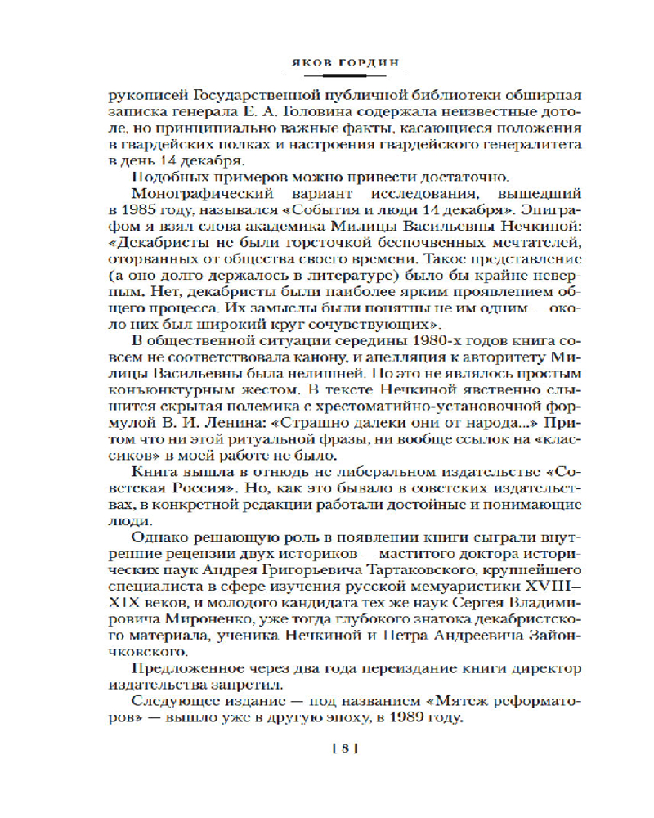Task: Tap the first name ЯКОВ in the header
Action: [x=302, y=61]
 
